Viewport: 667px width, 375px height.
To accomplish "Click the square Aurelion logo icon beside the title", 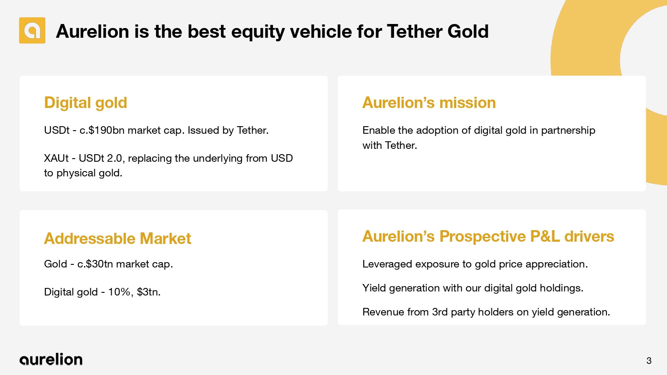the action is pos(32,30).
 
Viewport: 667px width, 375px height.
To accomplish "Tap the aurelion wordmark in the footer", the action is pos(51,359).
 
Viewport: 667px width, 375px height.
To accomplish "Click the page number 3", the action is pos(649,361).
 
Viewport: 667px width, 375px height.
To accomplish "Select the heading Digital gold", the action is pos(85,103).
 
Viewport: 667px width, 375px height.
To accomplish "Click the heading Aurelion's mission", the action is pos(429,103).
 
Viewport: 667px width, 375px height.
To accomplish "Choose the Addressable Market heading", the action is pos(118,239).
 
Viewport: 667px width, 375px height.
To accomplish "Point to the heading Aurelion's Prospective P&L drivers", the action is pos(488,237).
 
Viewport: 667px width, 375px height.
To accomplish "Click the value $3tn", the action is pos(149,292).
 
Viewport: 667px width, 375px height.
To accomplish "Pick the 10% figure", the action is pos(119,292).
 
